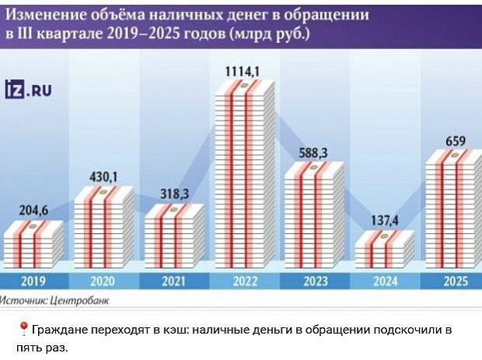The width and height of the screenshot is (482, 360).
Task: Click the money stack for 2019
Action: pyautogui.click(x=33, y=242)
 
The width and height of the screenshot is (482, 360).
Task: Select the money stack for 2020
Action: pyautogui.click(x=103, y=226)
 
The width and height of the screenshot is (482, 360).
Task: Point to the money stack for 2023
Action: pyautogui.click(x=314, y=215)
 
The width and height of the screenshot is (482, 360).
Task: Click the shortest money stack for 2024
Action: pyautogui.click(x=383, y=248)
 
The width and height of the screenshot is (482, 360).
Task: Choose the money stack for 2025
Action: pyautogui.click(x=455, y=209)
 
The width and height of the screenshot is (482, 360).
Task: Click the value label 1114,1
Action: pyautogui.click(x=243, y=72)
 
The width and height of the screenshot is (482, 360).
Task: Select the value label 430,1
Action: pyautogui.click(x=101, y=177)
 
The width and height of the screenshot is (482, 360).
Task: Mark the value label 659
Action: pyautogui.click(x=456, y=142)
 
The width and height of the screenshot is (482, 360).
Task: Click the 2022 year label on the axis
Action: pyautogui.click(x=243, y=281)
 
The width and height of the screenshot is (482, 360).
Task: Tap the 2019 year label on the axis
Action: pyautogui.click(x=33, y=281)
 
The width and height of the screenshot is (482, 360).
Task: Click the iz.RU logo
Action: pyautogui.click(x=28, y=90)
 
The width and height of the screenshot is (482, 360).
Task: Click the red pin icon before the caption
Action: pyautogui.click(x=23, y=330)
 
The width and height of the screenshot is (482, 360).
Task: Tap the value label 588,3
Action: pyautogui.click(x=313, y=152)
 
